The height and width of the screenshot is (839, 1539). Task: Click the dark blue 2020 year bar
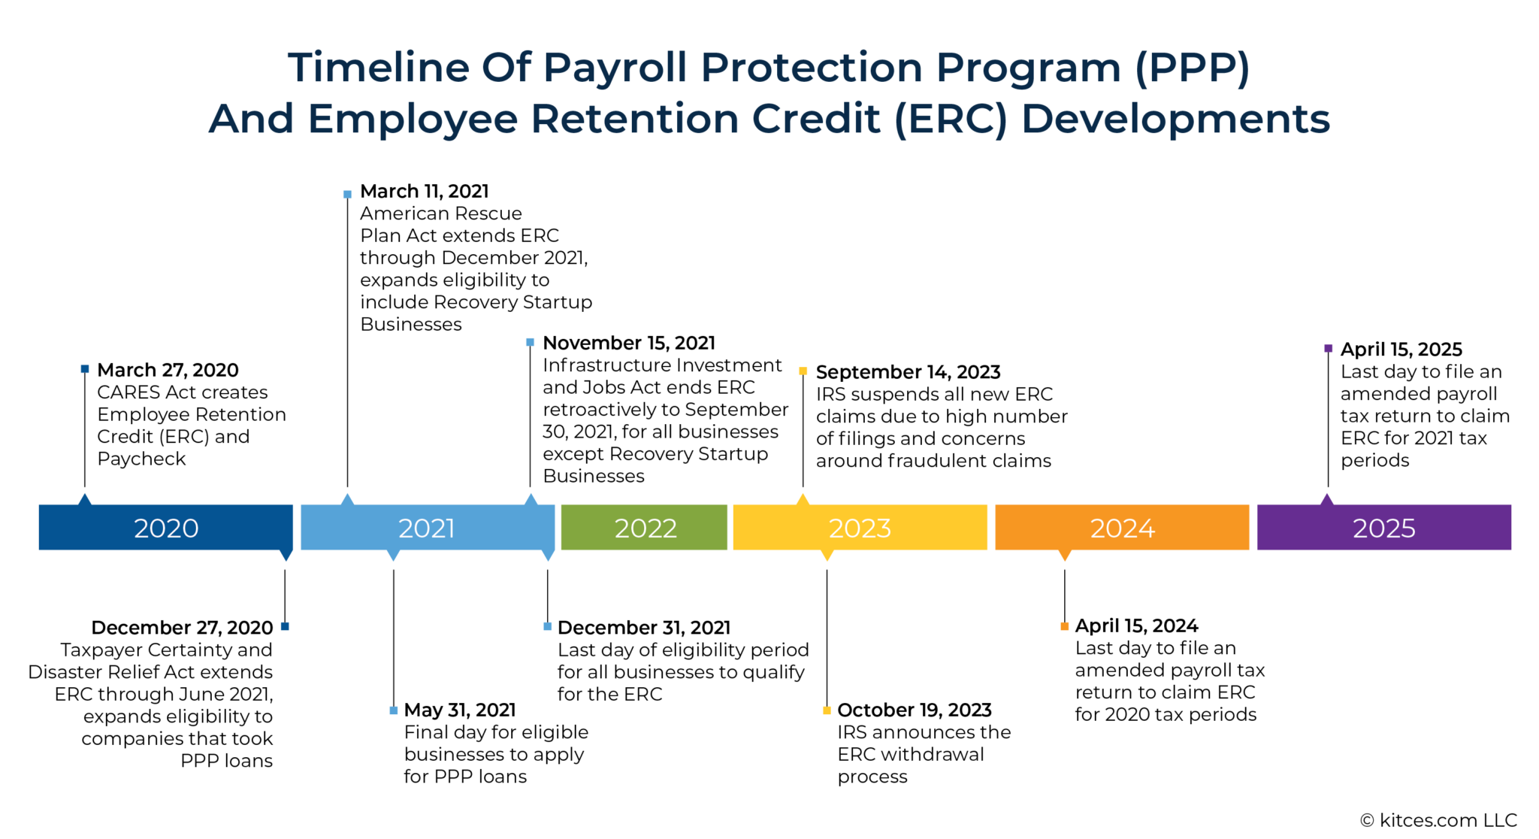pyautogui.click(x=165, y=528)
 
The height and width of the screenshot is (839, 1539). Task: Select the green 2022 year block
pyautogui.click(x=644, y=528)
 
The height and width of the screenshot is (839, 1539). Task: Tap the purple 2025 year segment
pyautogui.click(x=1383, y=528)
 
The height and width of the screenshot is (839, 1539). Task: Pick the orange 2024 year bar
pyautogui.click(x=1121, y=528)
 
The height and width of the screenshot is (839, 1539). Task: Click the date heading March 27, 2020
pyautogui.click(x=168, y=370)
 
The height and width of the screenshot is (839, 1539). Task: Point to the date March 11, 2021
pyautogui.click(x=424, y=191)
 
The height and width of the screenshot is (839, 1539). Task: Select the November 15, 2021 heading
pyautogui.click(x=628, y=343)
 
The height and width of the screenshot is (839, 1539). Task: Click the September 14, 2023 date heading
pyautogui.click(x=908, y=372)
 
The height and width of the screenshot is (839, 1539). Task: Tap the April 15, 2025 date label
pyautogui.click(x=1401, y=350)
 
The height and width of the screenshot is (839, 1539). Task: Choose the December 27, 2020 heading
pyautogui.click(x=182, y=628)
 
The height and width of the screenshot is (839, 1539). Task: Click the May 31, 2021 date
pyautogui.click(x=459, y=710)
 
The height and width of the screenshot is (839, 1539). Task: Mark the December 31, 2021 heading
pyautogui.click(x=643, y=628)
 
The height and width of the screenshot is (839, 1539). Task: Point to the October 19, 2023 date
pyautogui.click(x=914, y=710)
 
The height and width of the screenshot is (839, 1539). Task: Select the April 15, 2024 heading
pyautogui.click(x=1136, y=625)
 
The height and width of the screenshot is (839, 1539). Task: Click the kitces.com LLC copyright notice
pyautogui.click(x=1438, y=820)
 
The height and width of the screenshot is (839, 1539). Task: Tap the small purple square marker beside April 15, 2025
pyautogui.click(x=1328, y=349)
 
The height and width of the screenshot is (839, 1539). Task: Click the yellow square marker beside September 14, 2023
pyautogui.click(x=803, y=371)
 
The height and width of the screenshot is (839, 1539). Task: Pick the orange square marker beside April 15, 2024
pyautogui.click(x=1064, y=626)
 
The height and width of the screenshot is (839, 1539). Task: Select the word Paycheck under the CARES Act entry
pyautogui.click(x=141, y=459)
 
